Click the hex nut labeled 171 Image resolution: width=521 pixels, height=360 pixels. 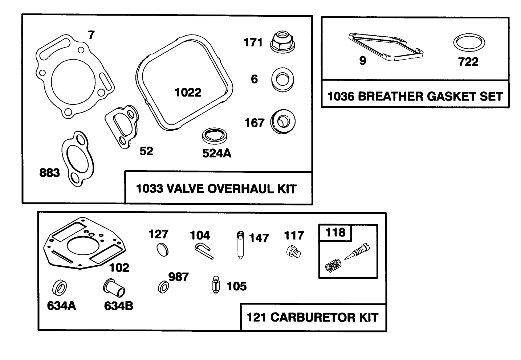282,41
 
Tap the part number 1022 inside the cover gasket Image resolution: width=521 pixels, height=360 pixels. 188,93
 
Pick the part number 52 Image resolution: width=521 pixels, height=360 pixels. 146,151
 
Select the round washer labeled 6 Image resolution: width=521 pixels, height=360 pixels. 282,79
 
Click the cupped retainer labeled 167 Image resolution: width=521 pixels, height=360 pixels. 283,121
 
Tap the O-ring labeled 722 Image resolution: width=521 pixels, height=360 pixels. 469,44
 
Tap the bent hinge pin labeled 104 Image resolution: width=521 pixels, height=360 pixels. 203,251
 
